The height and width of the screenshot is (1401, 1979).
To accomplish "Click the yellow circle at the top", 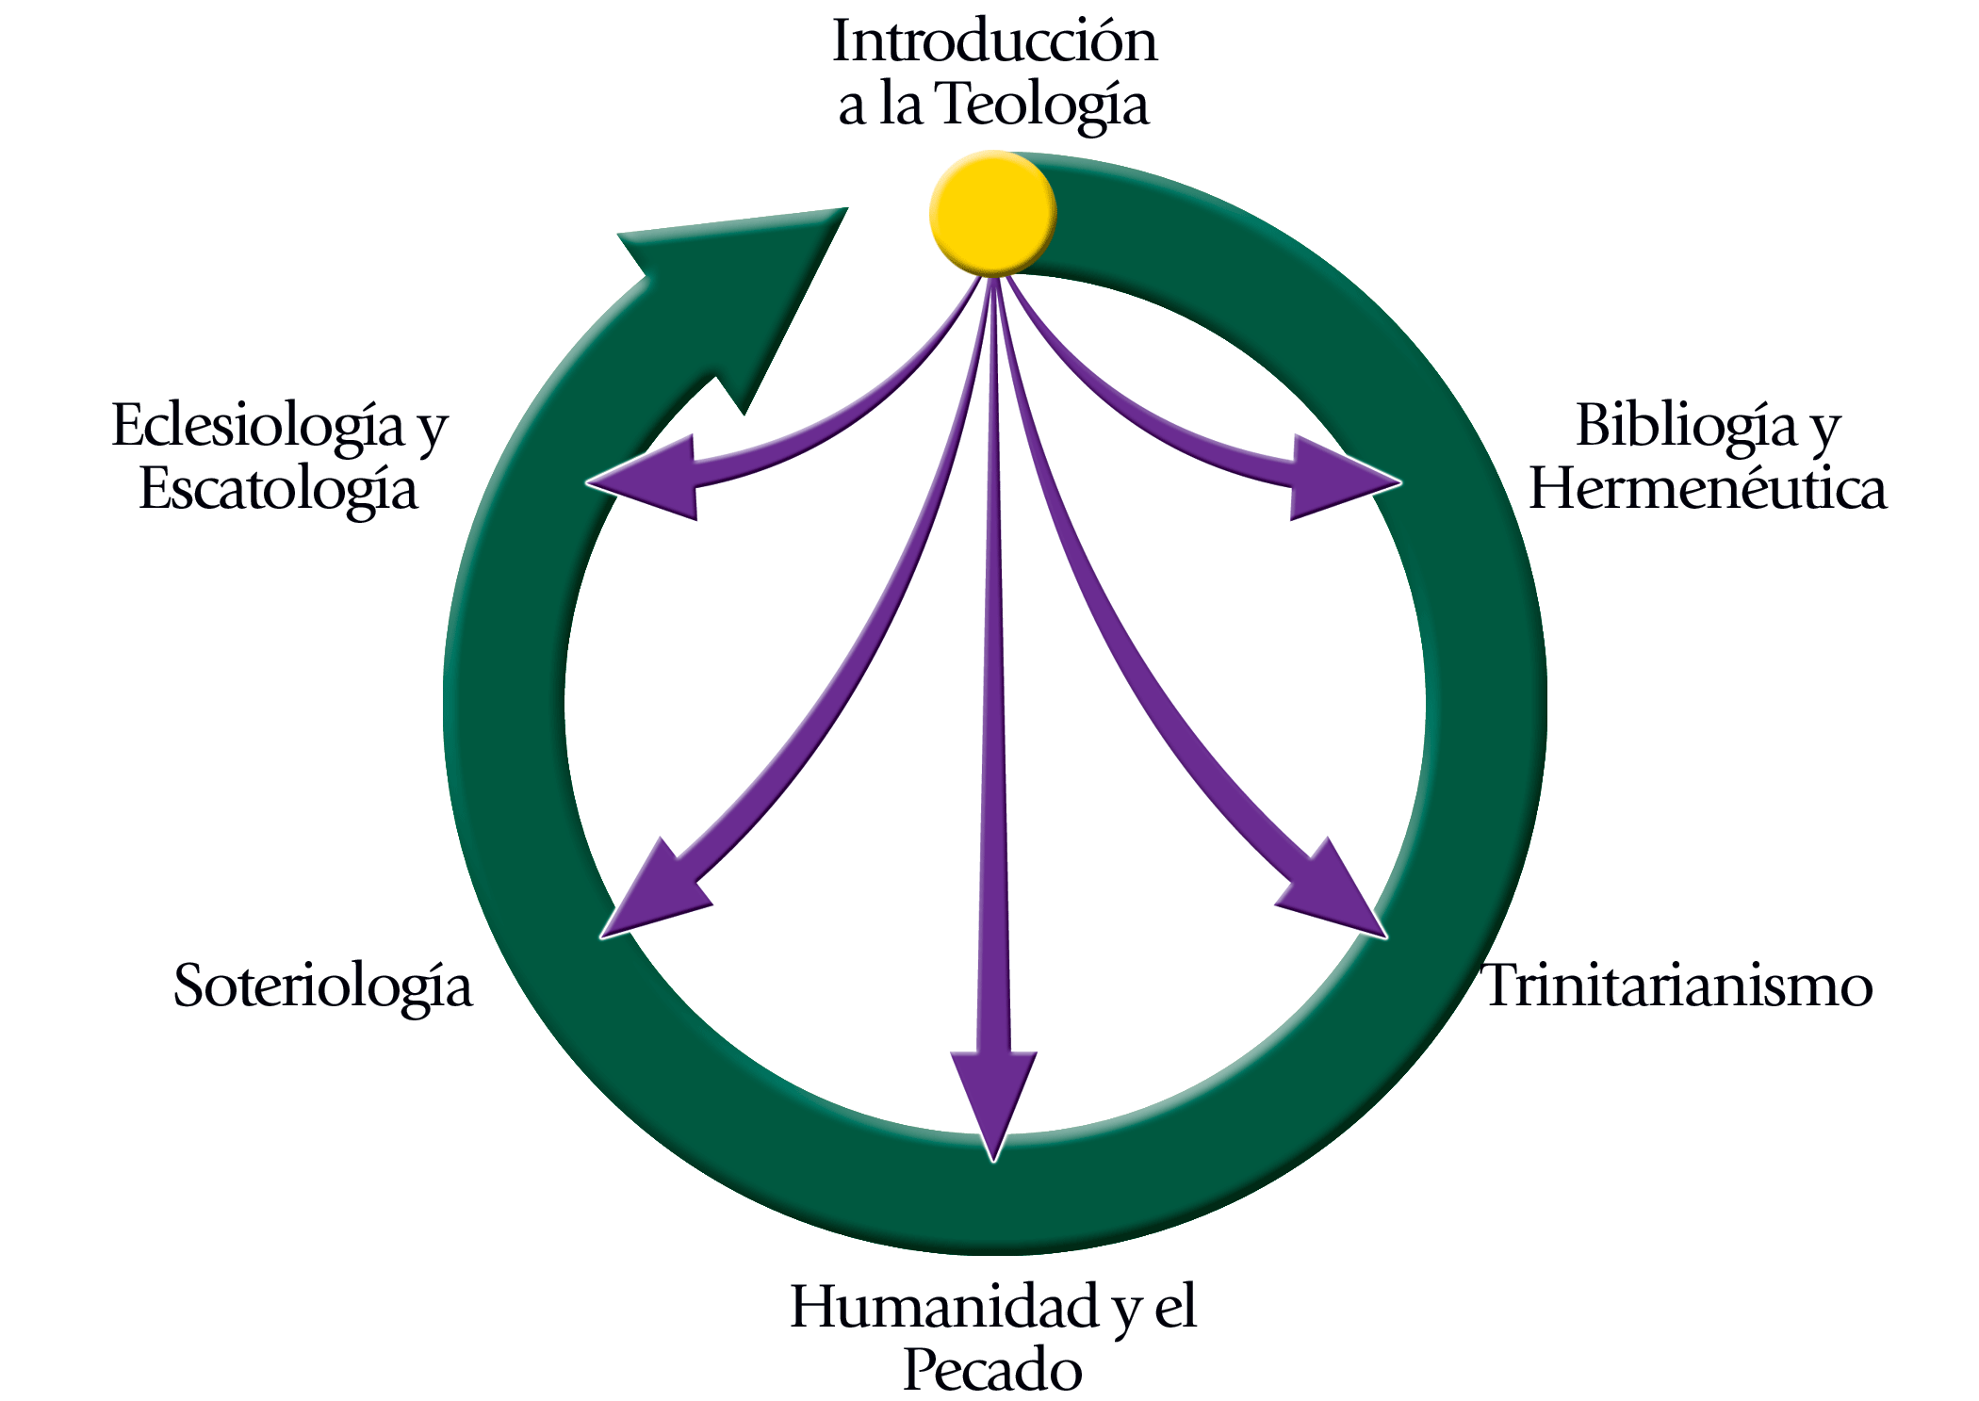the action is [992, 215].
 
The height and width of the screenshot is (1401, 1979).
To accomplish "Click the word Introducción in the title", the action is [994, 41].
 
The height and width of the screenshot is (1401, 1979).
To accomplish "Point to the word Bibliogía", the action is [1687, 427].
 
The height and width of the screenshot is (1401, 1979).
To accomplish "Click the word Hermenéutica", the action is [1708, 489].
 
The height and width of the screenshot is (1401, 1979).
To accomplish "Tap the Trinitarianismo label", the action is [1678, 986].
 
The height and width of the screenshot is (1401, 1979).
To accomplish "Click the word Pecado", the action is [992, 1370].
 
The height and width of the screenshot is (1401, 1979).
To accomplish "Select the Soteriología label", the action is [322, 987].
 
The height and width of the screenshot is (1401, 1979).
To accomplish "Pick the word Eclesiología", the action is [258, 427].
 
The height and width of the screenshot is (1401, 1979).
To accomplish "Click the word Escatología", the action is [278, 490].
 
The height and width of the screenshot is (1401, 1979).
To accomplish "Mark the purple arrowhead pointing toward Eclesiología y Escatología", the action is [646, 478].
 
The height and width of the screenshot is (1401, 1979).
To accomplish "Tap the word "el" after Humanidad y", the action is [1175, 1307].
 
